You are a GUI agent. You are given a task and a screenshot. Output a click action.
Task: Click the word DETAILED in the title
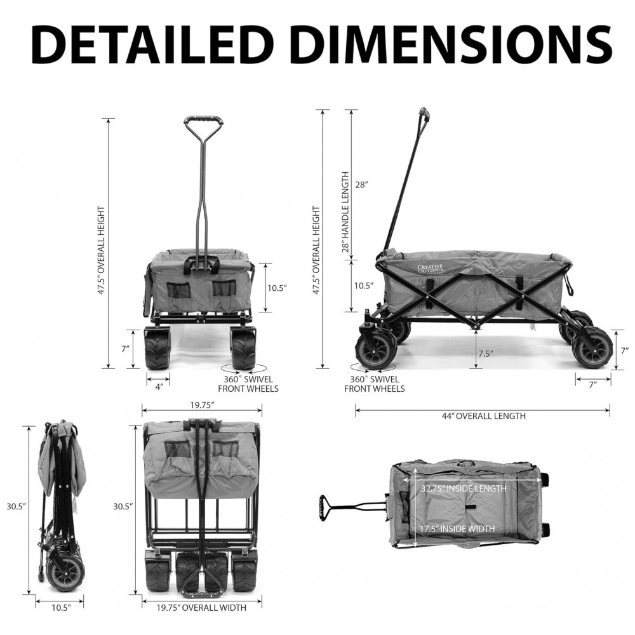coord(149,44)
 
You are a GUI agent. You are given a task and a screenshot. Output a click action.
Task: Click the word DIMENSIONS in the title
coord(450,44)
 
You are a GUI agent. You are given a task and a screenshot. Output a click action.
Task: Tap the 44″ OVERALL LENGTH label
coord(483,416)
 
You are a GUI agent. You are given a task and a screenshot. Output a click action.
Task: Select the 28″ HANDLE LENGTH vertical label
coord(345,212)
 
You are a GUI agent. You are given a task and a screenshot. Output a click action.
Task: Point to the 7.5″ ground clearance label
coord(486,354)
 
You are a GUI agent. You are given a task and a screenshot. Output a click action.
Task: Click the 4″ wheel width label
coord(159,387)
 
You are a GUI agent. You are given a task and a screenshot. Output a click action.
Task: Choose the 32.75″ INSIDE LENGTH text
coord(464,488)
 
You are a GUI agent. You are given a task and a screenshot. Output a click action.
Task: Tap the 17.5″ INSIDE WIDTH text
coord(457,528)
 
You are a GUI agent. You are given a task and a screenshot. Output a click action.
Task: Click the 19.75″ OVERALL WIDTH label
coord(201,608)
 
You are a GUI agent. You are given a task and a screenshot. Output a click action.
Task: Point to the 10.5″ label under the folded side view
coord(62,608)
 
